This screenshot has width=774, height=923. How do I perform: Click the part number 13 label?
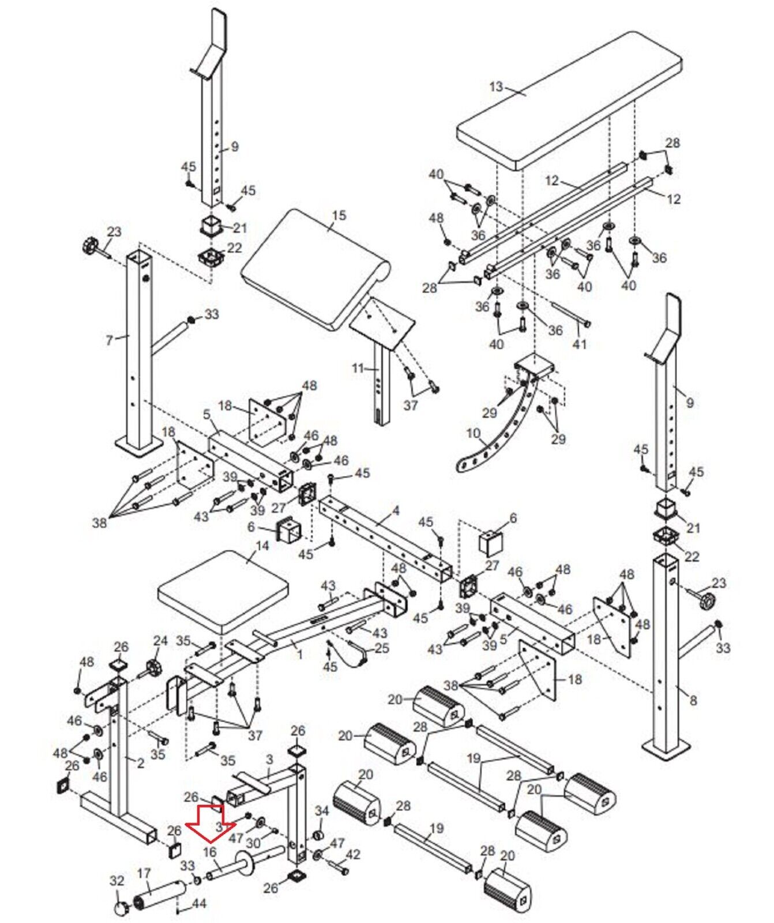pyautogui.click(x=496, y=87)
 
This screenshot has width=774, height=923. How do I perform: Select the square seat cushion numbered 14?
pyautogui.click(x=223, y=588)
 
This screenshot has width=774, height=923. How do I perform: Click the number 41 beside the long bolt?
pyautogui.click(x=579, y=344)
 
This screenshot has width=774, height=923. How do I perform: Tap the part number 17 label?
pyautogui.click(x=144, y=873)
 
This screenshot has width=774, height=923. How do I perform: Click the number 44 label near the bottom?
pyautogui.click(x=198, y=902)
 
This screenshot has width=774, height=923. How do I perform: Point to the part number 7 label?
pyautogui.click(x=110, y=340)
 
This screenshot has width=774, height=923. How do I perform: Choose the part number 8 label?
pyautogui.click(x=693, y=700)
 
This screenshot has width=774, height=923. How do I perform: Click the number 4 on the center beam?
pyautogui.click(x=396, y=511)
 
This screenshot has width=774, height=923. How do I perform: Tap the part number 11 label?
pyautogui.click(x=358, y=368)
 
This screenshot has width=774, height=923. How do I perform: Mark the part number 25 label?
pyautogui.click(x=382, y=648)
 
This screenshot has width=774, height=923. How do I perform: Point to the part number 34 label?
pyautogui.click(x=321, y=811)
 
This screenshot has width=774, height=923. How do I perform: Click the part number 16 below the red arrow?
pyautogui.click(x=210, y=852)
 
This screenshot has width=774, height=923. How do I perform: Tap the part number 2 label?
pyautogui.click(x=140, y=763)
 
